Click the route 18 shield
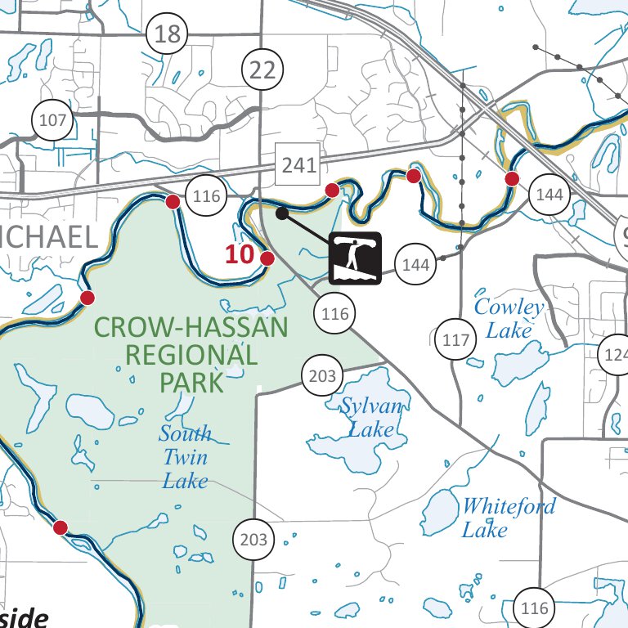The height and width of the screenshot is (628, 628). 167,34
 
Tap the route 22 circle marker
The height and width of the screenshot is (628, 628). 263,70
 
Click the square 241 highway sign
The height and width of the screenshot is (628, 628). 298,164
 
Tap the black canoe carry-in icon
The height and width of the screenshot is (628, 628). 355,258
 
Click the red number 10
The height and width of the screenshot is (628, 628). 240,254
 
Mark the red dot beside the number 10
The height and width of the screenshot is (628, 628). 267,258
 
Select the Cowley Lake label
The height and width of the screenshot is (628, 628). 509,319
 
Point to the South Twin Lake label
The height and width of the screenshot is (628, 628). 185,456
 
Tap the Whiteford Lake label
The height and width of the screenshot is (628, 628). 509,517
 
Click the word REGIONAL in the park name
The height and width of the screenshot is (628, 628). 191,355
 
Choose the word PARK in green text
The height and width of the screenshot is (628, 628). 191,382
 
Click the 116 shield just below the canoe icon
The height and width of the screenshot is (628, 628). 334,313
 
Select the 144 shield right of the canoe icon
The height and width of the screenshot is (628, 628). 415,264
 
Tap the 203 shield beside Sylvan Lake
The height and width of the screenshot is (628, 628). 323,376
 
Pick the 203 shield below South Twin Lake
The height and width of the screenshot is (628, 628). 253,539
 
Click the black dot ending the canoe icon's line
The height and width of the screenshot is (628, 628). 281,213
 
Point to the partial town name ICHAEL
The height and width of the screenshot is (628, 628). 49,237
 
